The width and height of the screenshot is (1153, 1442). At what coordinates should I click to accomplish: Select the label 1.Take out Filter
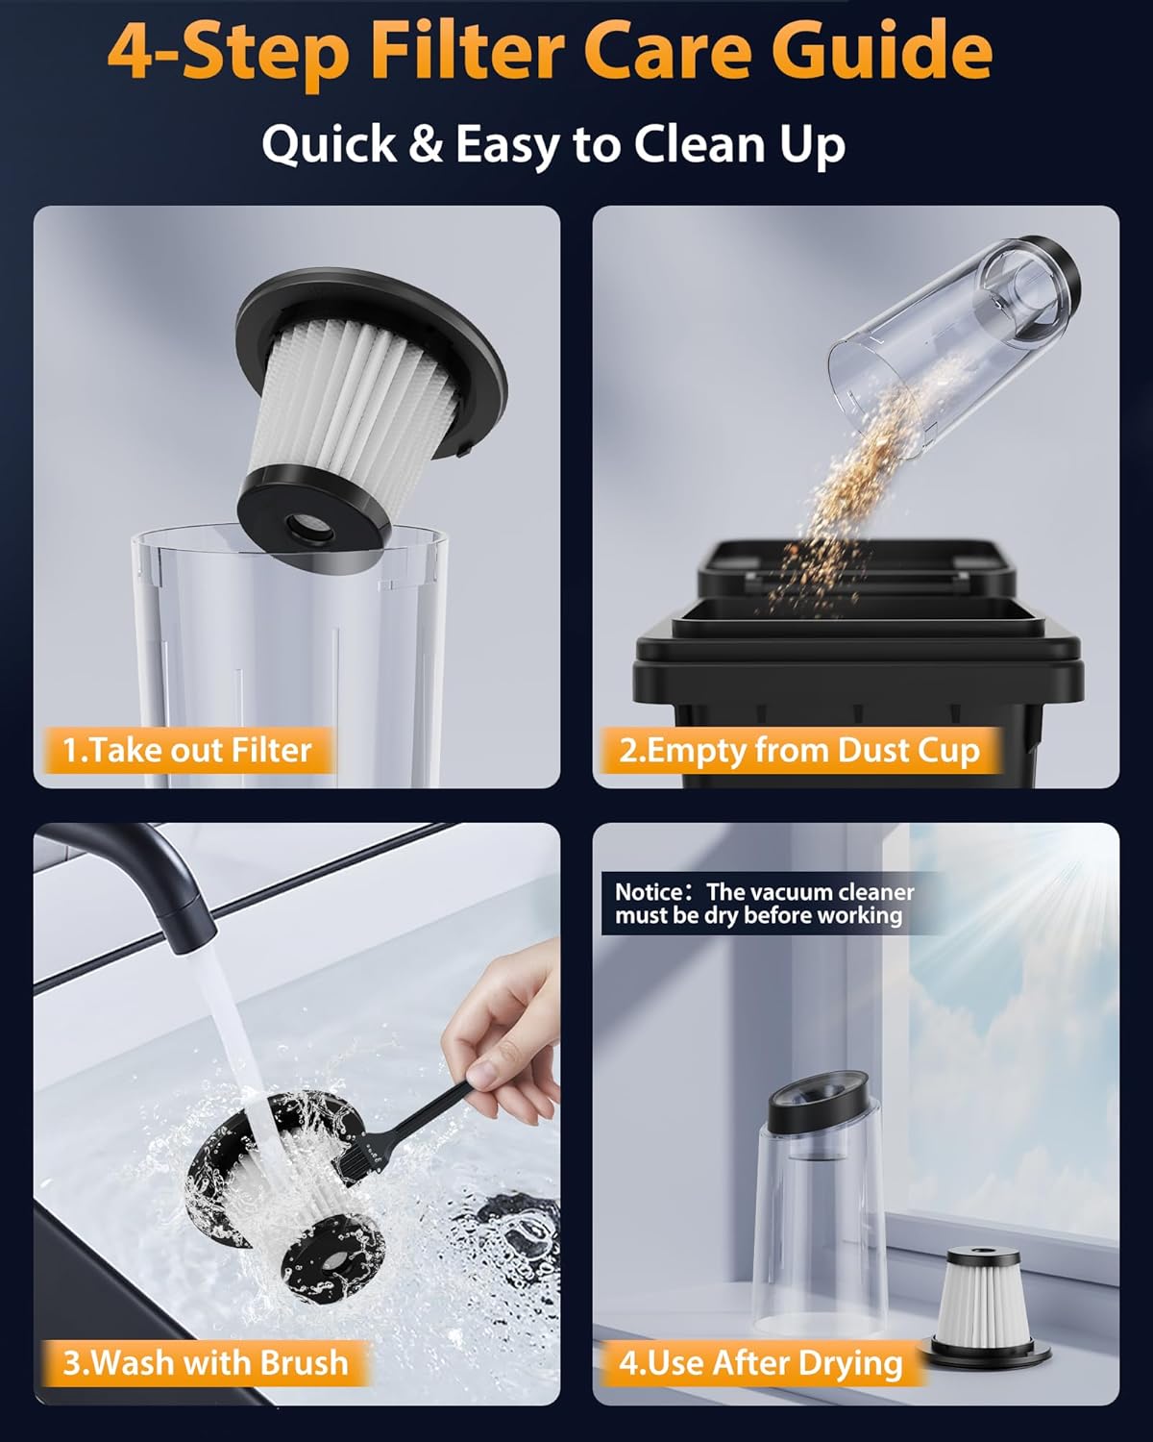point(186,750)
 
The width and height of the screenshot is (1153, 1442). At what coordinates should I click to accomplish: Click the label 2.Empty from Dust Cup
point(798,750)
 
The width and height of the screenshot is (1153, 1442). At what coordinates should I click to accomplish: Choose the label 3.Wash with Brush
point(205,1362)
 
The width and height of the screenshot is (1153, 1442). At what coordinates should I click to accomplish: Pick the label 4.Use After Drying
point(760,1362)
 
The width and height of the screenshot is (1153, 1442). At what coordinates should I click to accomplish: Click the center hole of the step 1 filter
point(307,525)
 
